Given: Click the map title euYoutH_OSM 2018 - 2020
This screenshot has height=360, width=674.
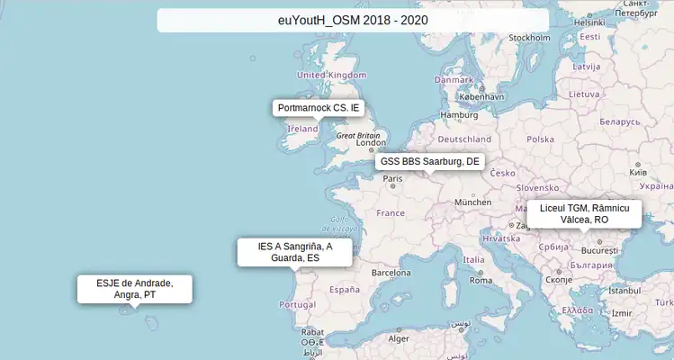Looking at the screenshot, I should tap(353, 21).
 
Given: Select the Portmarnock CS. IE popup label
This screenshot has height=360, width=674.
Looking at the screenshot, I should tap(318, 108).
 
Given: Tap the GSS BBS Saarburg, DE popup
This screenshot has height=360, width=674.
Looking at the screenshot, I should tap(429, 162).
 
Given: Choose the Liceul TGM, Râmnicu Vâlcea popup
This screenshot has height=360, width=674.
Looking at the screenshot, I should tap(584, 213).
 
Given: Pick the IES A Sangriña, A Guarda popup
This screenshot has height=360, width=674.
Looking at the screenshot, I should tap(294, 252).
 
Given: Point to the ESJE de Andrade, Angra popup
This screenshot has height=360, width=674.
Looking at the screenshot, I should tap(134, 289).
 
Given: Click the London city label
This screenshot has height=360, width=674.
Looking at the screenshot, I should tap(372, 142).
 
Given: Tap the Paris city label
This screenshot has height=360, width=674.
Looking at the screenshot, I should tap(393, 178).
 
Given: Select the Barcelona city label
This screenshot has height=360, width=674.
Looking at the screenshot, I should tap(391, 272).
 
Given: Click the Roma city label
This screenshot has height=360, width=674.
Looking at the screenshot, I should tap(481, 280).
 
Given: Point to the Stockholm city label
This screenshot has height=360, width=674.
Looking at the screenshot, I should tap(529, 38).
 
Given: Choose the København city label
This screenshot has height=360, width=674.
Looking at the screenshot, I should tap(481, 96).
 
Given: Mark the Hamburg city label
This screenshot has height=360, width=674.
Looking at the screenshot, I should tap(459, 115).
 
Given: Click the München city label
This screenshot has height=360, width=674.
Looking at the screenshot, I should tap(472, 202).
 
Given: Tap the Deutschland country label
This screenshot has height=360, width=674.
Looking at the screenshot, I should tap(465, 139).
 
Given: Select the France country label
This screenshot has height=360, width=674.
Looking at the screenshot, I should tap(391, 213).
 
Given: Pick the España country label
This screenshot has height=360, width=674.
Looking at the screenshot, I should tap(345, 290).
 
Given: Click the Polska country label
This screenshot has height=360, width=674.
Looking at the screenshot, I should tap(540, 139).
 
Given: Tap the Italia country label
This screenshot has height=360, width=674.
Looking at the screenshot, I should tap(473, 260).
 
